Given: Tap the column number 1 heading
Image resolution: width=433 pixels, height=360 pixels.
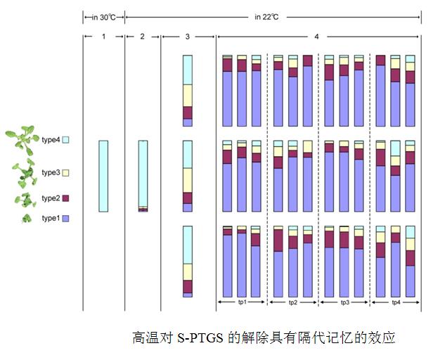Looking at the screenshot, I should click(x=103, y=36).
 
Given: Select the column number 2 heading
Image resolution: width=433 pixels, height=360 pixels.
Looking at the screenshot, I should click(x=143, y=36).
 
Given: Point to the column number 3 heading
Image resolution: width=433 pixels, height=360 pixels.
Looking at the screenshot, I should click(x=187, y=36).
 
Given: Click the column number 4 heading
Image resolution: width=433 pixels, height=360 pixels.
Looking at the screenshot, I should click(x=316, y=36).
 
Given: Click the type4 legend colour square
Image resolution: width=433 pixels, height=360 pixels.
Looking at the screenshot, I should click(x=66, y=140).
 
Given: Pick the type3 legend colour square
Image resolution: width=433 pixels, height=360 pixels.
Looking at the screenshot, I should click(x=66, y=172).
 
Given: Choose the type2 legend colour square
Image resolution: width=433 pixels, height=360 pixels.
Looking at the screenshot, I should click(x=66, y=198).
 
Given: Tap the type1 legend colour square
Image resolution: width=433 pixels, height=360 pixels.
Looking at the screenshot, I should click(x=66, y=219).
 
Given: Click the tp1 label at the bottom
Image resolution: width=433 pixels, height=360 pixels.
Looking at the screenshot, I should click(x=242, y=302).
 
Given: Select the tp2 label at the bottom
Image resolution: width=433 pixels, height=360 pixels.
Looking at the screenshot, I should click(x=293, y=302).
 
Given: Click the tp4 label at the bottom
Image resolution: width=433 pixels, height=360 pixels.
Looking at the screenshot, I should click(x=395, y=302).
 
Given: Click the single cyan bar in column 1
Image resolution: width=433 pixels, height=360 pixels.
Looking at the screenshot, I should click(x=103, y=176).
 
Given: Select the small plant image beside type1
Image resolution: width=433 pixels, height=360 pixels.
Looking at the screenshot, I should click(x=27, y=218).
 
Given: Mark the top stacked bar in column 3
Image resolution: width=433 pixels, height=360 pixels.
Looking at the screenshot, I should click(x=188, y=91).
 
